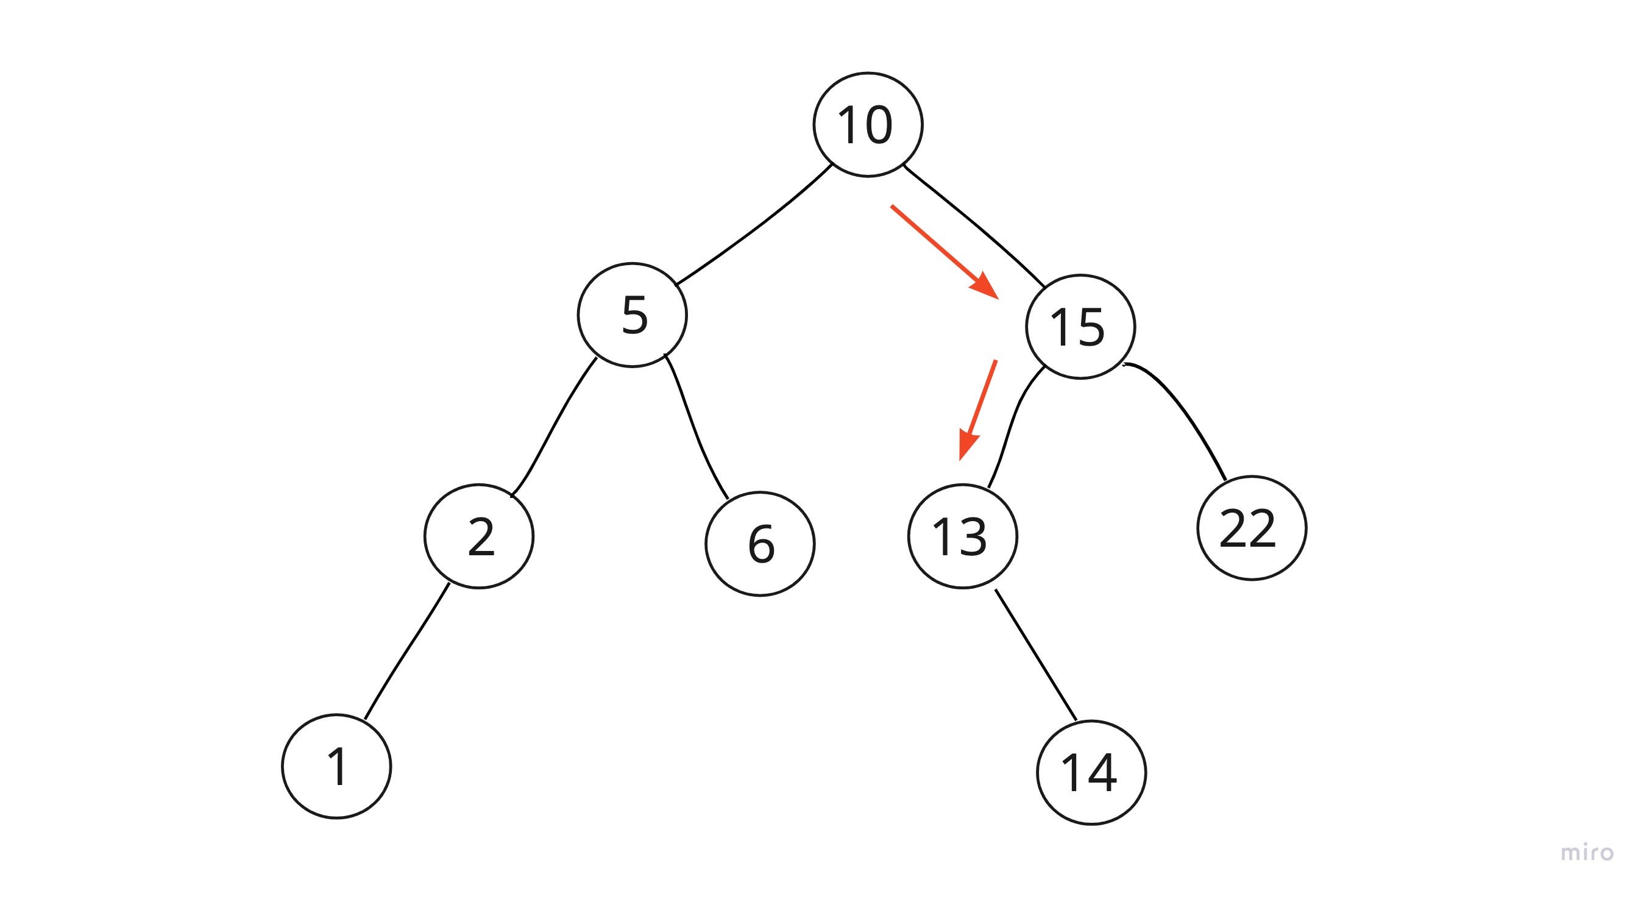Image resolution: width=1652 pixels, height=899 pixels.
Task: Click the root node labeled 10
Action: click(868, 124)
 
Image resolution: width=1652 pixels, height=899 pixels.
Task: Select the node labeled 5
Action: click(633, 315)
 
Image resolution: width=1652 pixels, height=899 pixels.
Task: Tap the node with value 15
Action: click(1080, 327)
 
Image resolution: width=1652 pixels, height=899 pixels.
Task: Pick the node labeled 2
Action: click(479, 536)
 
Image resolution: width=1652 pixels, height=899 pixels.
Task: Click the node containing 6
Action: click(760, 544)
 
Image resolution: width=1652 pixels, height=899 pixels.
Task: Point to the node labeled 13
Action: click(963, 536)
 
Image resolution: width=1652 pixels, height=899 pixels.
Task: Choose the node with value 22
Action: click(1251, 528)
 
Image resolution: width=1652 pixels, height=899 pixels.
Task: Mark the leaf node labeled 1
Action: click(337, 766)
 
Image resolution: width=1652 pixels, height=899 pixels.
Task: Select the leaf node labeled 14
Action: click(1091, 772)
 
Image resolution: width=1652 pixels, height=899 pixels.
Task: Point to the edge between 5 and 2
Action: click(553, 427)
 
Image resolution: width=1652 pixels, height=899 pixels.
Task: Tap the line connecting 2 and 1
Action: click(406, 652)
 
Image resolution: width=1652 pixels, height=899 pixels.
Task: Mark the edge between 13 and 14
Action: click(1035, 654)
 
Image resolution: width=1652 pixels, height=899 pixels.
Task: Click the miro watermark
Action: click(1587, 852)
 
